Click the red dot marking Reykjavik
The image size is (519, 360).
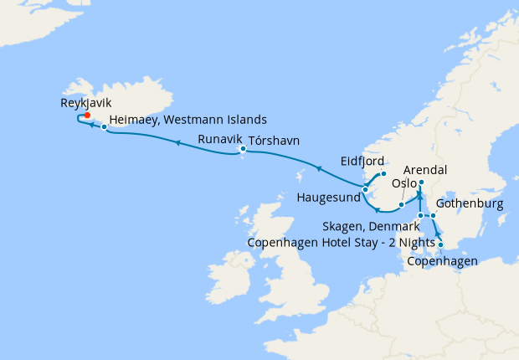pos(87,116)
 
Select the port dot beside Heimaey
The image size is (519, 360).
pos(104,127)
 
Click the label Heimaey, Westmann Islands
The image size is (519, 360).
pos(188,120)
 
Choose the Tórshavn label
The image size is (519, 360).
pos(274,140)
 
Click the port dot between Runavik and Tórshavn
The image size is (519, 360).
pos(243,151)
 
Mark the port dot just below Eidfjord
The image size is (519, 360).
pos(383,173)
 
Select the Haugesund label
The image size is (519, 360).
pos(328,198)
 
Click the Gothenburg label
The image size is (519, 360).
pos(470,203)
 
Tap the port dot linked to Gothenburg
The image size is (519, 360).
pos(434,217)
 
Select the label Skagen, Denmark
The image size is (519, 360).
pos(371,227)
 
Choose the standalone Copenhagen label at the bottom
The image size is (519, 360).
pos(442,261)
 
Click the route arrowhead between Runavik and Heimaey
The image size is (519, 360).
pos(177,143)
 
